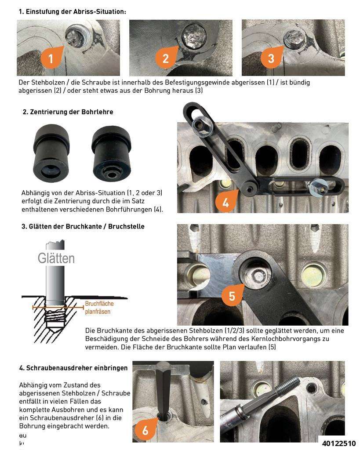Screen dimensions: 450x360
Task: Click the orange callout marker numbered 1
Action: (51, 58)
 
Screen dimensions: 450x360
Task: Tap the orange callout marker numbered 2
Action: (166, 58)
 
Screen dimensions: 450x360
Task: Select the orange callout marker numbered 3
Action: (270, 58)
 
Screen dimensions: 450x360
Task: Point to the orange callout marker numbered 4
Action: (225, 202)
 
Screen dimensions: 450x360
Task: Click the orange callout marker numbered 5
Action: (231, 296)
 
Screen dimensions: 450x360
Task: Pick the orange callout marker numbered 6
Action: (145, 430)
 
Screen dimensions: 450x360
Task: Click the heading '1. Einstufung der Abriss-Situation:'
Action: (72, 12)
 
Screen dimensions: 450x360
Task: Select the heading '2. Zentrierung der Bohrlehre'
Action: (68, 112)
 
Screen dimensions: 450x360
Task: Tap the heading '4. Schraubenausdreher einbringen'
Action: (73, 367)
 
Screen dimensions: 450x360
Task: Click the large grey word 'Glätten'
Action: (56, 258)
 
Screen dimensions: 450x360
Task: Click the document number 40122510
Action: (338, 443)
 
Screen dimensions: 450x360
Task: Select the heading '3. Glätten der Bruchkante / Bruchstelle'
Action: (83, 227)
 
